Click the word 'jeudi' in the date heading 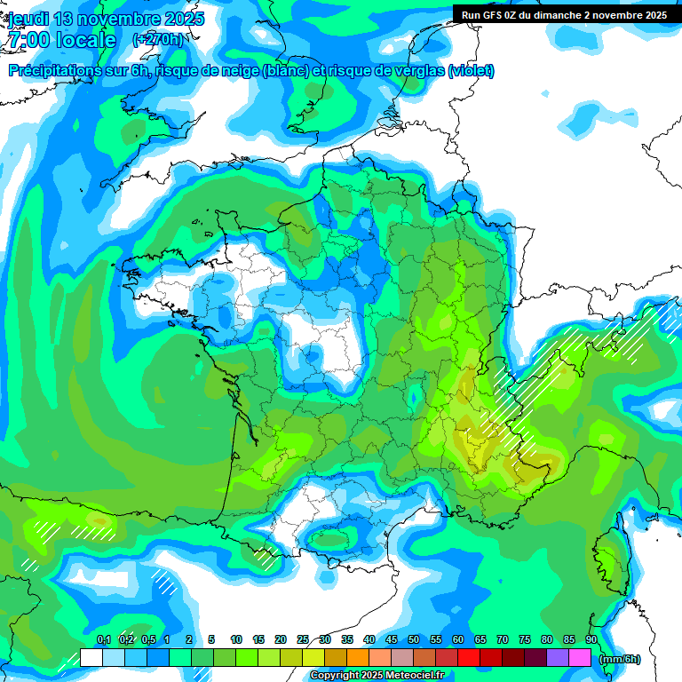pyautogui.click(x=28, y=19)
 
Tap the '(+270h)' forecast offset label pyautogui.click(x=157, y=39)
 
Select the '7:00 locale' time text pyautogui.click(x=61, y=40)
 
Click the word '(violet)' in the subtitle pyautogui.click(x=471, y=71)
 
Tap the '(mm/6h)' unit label pyautogui.click(x=620, y=659)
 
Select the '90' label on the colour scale pyautogui.click(x=591, y=639)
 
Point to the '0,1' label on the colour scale pyautogui.click(x=103, y=639)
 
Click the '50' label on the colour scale pyautogui.click(x=413, y=639)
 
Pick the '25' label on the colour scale pyautogui.click(x=303, y=639)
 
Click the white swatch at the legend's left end pyautogui.click(x=91, y=657)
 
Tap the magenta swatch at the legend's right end pyautogui.click(x=579, y=657)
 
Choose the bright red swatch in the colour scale pyautogui.click(x=469, y=657)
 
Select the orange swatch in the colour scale pyautogui.click(x=358, y=657)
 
